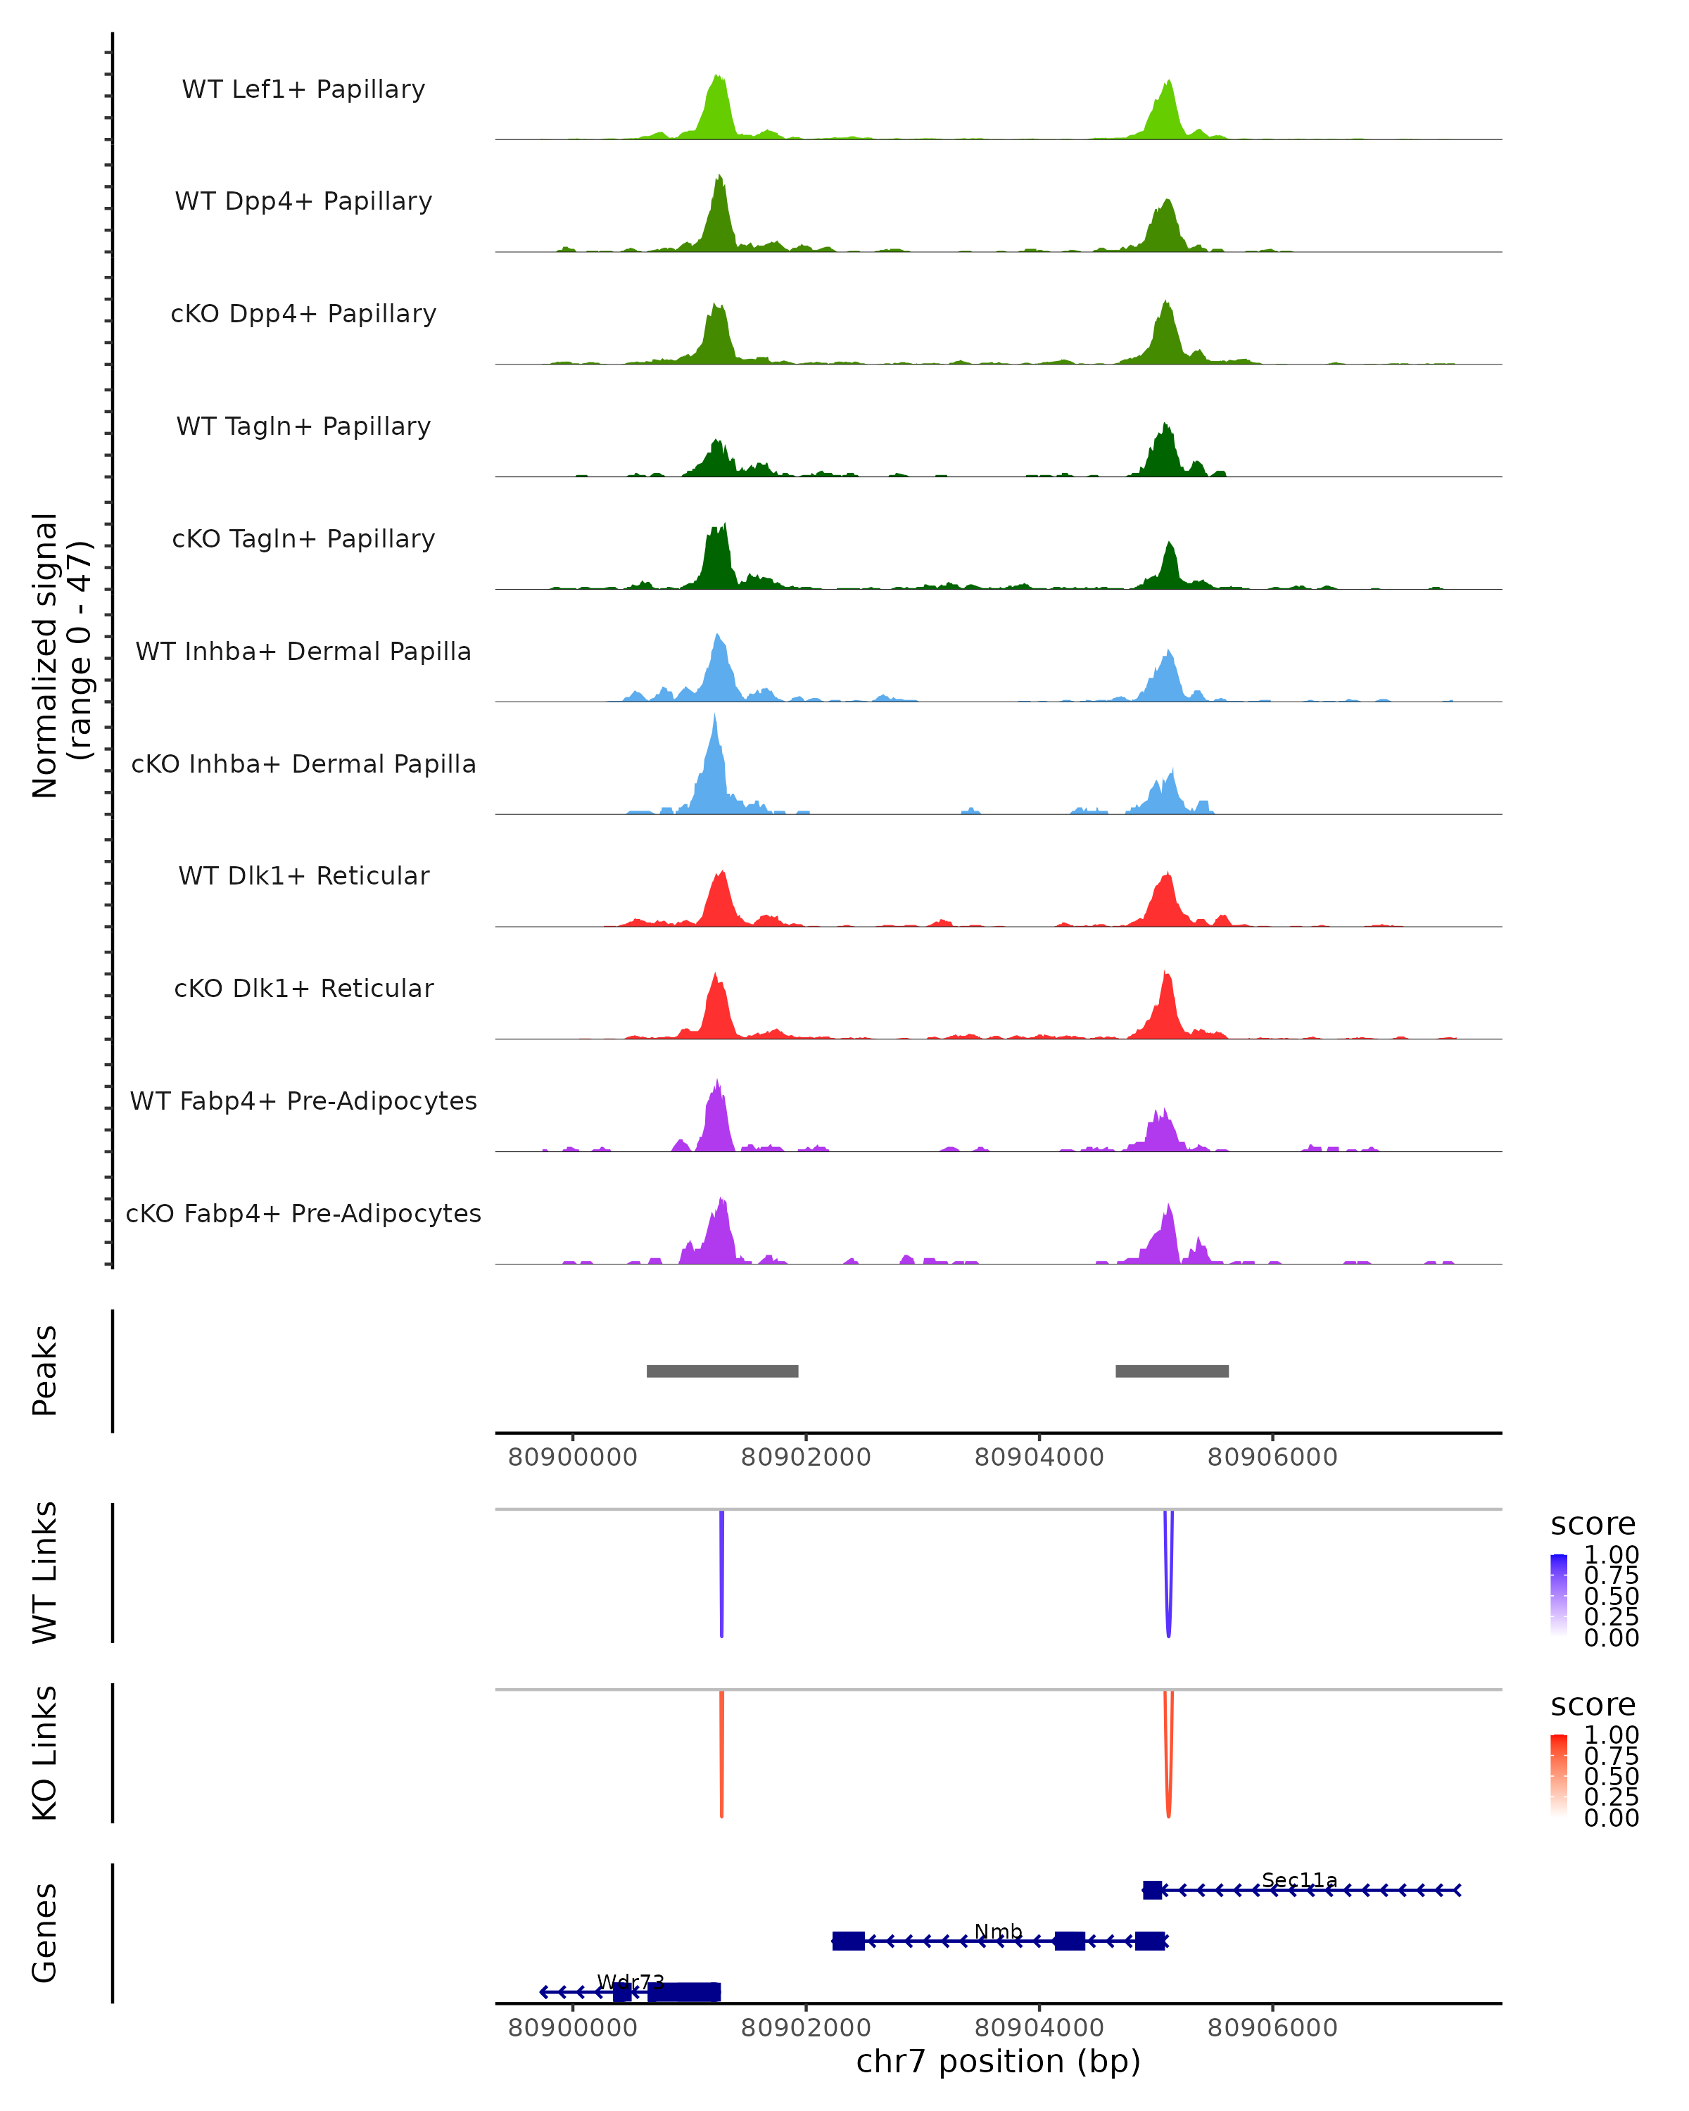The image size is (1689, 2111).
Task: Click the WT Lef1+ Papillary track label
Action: (x=303, y=89)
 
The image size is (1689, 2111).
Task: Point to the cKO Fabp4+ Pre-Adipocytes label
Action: (x=303, y=1213)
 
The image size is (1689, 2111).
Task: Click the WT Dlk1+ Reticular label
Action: (x=303, y=875)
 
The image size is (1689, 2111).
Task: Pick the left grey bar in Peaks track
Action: (x=723, y=1371)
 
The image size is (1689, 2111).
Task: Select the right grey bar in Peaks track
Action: (x=1172, y=1371)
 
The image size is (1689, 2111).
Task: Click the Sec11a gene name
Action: (x=1299, y=1880)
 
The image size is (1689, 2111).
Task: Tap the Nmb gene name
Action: (x=998, y=1932)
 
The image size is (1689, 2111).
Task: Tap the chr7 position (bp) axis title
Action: (x=998, y=2061)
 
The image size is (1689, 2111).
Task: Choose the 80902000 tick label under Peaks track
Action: (x=806, y=1457)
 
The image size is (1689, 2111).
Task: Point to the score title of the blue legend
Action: (x=1593, y=1523)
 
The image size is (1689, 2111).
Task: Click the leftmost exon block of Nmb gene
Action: (x=848, y=1941)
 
